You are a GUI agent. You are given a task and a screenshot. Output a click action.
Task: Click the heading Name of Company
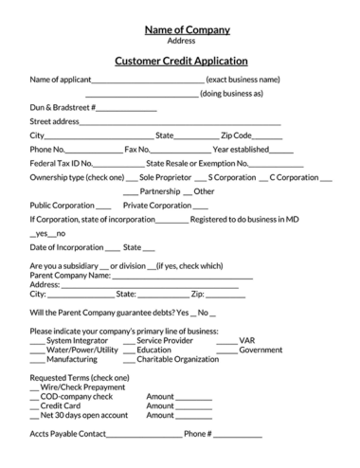[180, 29]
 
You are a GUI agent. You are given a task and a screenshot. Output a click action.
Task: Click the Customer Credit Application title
[180, 61]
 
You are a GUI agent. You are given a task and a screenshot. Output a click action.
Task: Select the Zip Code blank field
[268, 137]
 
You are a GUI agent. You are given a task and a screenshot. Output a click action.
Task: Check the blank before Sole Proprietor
[132, 178]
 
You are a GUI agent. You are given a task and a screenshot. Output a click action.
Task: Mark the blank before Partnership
[132, 192]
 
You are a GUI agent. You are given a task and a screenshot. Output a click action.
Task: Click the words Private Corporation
[157, 205]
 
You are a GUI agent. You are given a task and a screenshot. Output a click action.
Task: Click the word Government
[261, 350]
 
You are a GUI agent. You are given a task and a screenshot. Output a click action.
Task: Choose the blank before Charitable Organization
[128, 361]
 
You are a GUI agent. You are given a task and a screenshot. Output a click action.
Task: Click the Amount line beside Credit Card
[194, 406]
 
